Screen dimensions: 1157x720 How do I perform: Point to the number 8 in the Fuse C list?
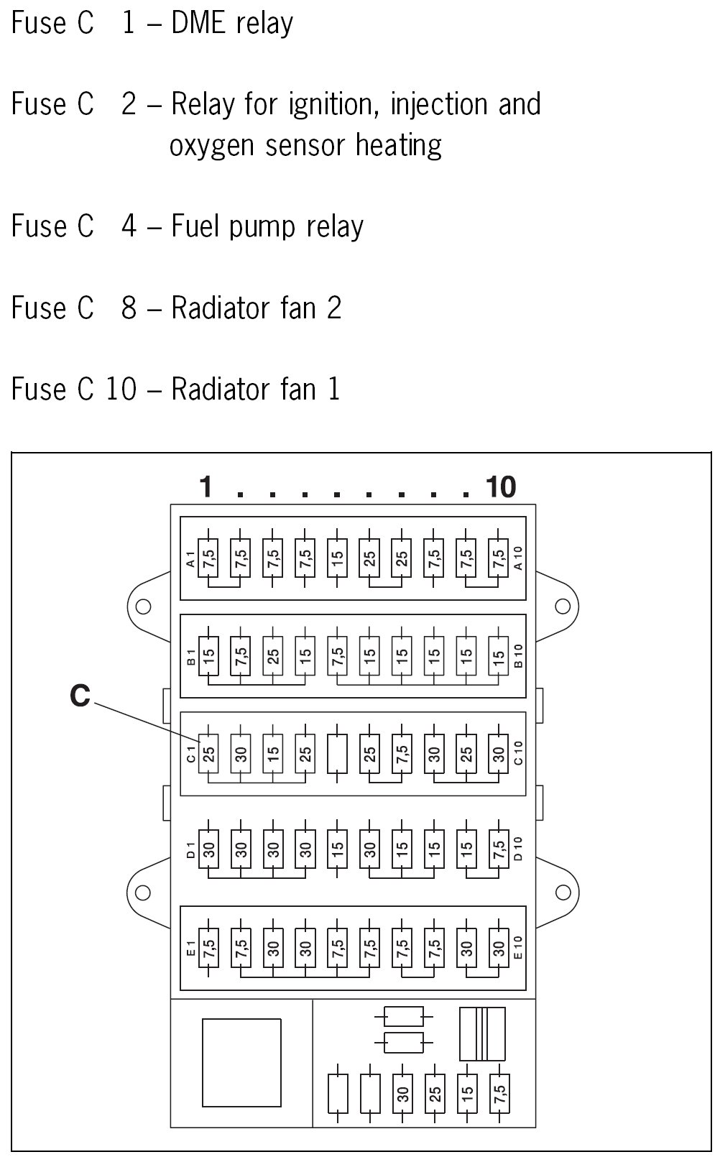pos(129,308)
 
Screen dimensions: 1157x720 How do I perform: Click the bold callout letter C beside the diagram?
pos(80,696)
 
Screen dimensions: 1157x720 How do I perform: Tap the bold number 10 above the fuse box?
pos(501,487)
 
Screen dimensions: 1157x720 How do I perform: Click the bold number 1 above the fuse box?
pos(206,487)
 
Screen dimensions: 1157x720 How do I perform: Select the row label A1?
pos(190,558)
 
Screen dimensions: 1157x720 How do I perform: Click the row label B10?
pos(519,655)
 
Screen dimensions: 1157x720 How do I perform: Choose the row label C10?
pos(519,753)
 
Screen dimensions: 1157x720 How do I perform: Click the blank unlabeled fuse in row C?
pos(338,753)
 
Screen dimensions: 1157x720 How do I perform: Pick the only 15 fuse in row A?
pos(338,558)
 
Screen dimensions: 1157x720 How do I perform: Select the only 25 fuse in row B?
pos(273,655)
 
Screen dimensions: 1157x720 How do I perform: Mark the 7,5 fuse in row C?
pos(402,753)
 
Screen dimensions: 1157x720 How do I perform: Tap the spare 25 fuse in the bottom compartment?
pos(435,1094)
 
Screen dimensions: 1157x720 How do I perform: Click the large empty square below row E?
pos(241,1062)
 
